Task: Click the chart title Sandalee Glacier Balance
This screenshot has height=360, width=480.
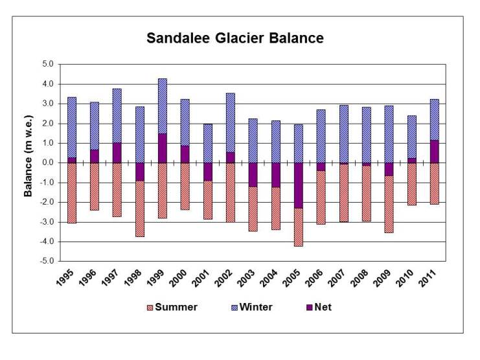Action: tap(234, 38)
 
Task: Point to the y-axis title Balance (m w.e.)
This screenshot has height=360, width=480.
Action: tap(29, 163)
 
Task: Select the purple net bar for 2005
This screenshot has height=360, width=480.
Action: tap(298, 185)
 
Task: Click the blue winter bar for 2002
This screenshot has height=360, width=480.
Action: tap(230, 122)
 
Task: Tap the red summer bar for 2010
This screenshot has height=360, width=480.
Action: tap(411, 184)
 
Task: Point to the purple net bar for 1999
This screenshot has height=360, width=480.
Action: tap(162, 148)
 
